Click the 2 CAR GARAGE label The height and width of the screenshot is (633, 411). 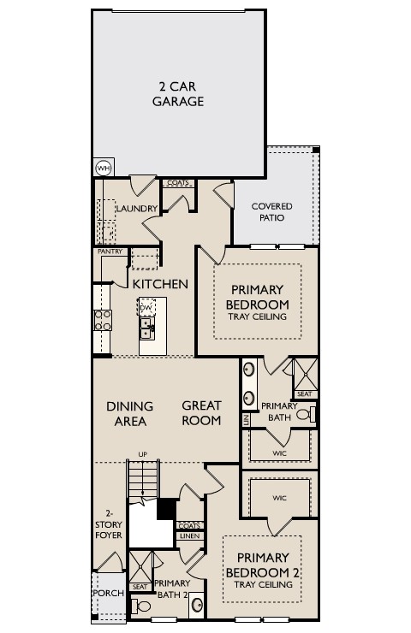coord(178,94)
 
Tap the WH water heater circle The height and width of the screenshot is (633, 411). coord(104,168)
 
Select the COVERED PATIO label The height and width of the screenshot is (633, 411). coord(271,212)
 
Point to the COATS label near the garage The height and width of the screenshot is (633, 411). coord(177,183)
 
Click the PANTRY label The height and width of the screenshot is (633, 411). coord(110,251)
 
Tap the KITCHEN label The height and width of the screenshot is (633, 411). coord(160,283)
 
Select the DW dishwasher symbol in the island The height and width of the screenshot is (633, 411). coord(146,307)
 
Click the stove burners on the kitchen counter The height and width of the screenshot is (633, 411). coord(103,320)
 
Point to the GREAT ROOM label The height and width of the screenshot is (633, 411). coord(202,413)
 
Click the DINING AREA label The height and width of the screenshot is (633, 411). coord(130,413)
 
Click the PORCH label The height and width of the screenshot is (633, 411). coord(110,593)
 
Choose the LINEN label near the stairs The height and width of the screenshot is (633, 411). coord(189,535)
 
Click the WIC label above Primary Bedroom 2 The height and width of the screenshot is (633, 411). coord(279,497)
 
